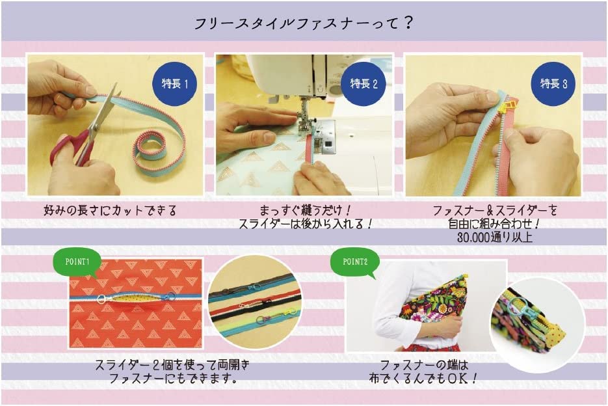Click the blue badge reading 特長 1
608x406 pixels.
174,83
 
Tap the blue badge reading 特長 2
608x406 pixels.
363,83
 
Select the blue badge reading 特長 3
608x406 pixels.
553,83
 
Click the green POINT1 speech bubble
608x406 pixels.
77,262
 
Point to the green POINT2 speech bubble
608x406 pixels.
355,262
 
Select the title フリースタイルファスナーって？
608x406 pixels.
304,23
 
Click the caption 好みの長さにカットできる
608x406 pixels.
110,211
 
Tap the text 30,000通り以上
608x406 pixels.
494,237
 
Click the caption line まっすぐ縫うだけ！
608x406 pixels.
305,211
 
